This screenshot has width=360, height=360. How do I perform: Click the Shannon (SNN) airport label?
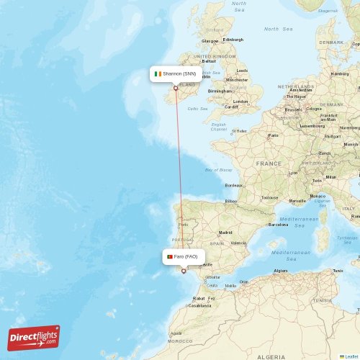(x=179, y=73)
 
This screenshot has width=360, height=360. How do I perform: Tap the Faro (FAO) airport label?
(x=186, y=256)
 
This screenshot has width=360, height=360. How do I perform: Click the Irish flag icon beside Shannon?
(x=158, y=73)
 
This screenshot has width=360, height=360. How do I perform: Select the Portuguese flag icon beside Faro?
(x=169, y=256)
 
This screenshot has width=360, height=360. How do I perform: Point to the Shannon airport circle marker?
(x=175, y=89)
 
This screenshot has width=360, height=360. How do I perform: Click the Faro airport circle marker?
(x=183, y=271)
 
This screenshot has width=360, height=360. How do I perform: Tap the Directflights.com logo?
(x=34, y=338)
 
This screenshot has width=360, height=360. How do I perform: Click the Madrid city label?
(x=225, y=233)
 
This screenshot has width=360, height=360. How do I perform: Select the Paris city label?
(x=274, y=135)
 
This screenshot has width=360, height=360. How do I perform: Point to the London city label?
(x=241, y=101)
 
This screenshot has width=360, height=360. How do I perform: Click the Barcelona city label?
(x=278, y=225)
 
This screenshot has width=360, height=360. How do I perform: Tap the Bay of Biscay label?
(x=218, y=170)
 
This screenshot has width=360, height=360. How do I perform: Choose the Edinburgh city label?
(x=233, y=40)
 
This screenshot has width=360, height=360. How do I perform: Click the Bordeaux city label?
(x=233, y=185)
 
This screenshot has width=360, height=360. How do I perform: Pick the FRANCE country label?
(x=269, y=163)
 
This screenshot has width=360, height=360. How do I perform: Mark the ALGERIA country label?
(x=271, y=356)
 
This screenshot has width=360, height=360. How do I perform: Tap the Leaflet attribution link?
(x=350, y=356)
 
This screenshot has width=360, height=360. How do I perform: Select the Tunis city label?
(x=338, y=271)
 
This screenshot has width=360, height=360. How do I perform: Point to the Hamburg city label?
(x=339, y=73)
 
